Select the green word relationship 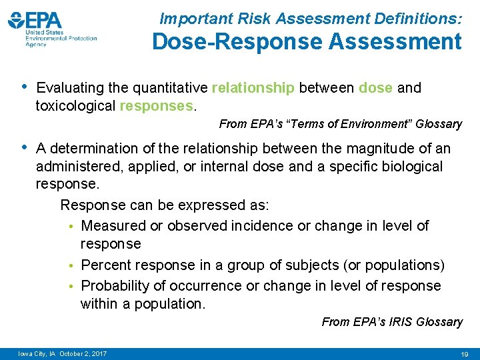(x=253, y=88)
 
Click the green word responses (x=157, y=105)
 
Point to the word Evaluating (x=70, y=88)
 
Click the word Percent (x=105, y=265)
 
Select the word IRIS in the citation (x=396, y=322)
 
